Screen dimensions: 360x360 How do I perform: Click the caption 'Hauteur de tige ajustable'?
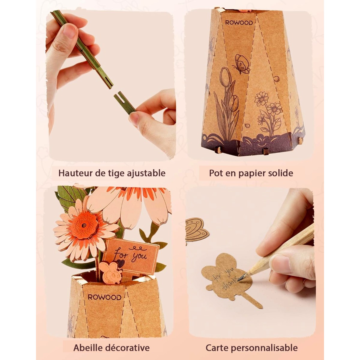pos(112,173)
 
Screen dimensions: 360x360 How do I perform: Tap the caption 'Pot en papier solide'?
pos(251,173)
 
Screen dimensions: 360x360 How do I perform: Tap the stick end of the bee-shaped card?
pos(258,305)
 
